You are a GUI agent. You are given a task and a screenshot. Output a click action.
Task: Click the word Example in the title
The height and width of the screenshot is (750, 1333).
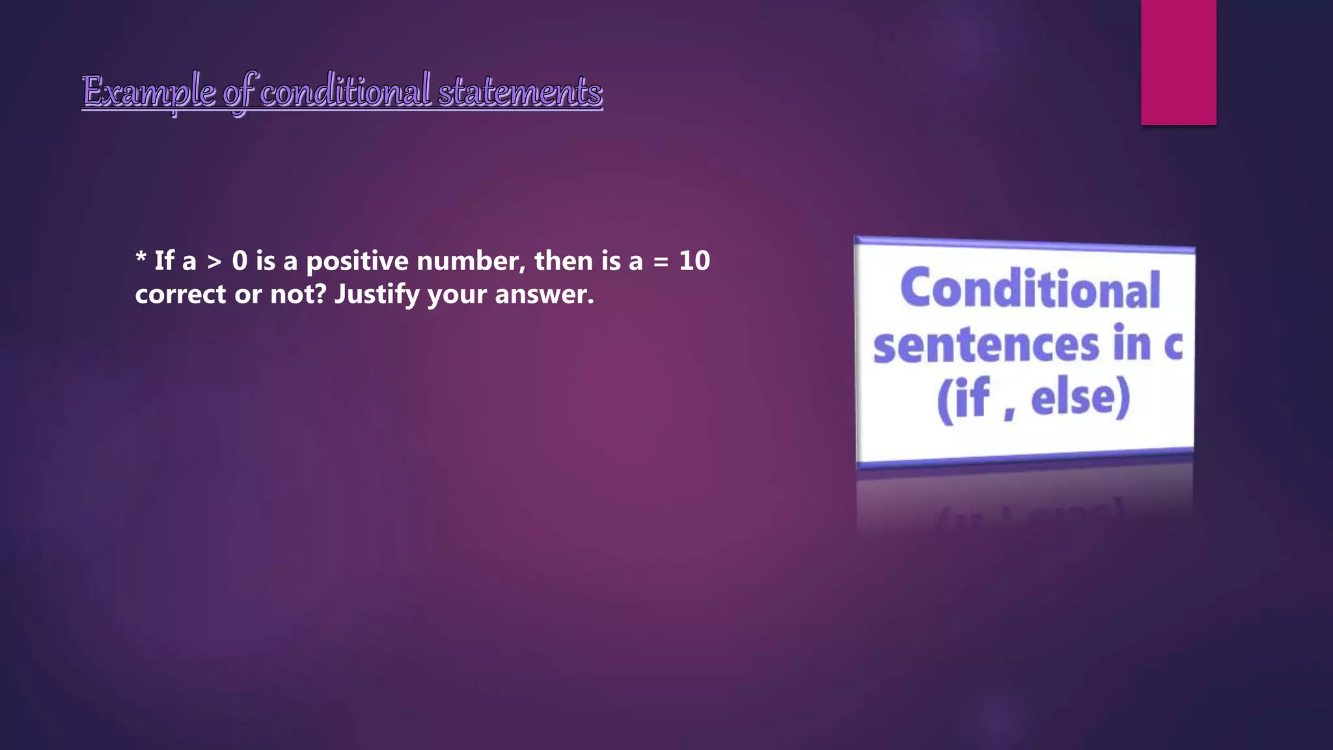(x=149, y=92)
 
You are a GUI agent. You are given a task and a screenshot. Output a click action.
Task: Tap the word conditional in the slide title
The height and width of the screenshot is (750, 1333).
(x=346, y=90)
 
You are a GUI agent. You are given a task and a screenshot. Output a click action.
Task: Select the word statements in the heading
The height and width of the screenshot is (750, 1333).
(x=520, y=92)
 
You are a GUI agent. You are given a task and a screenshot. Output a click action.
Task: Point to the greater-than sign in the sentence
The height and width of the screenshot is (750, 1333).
(x=214, y=262)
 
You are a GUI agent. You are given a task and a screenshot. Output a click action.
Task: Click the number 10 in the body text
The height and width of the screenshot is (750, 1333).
(x=694, y=261)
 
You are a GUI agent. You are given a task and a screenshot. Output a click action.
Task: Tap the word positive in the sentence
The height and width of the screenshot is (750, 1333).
(x=357, y=262)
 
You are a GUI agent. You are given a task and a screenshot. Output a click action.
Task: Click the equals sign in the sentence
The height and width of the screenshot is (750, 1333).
(x=661, y=262)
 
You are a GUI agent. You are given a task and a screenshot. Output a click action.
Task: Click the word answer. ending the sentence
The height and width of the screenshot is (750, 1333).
(x=544, y=295)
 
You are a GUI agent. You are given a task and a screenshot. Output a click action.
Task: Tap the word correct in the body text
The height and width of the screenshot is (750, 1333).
(x=180, y=295)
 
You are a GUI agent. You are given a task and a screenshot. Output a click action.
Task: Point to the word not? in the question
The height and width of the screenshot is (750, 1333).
(x=297, y=294)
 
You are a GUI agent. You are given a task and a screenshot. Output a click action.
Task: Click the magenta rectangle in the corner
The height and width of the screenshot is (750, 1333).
(x=1178, y=62)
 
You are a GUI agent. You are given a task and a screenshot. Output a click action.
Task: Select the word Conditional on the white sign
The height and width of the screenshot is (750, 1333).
(x=1030, y=288)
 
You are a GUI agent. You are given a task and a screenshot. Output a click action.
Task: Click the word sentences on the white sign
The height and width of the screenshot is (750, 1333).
(x=986, y=346)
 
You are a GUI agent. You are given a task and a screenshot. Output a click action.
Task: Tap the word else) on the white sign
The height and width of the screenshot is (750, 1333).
(x=1080, y=398)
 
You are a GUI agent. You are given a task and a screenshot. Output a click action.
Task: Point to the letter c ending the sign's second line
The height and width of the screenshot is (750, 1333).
(x=1172, y=345)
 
